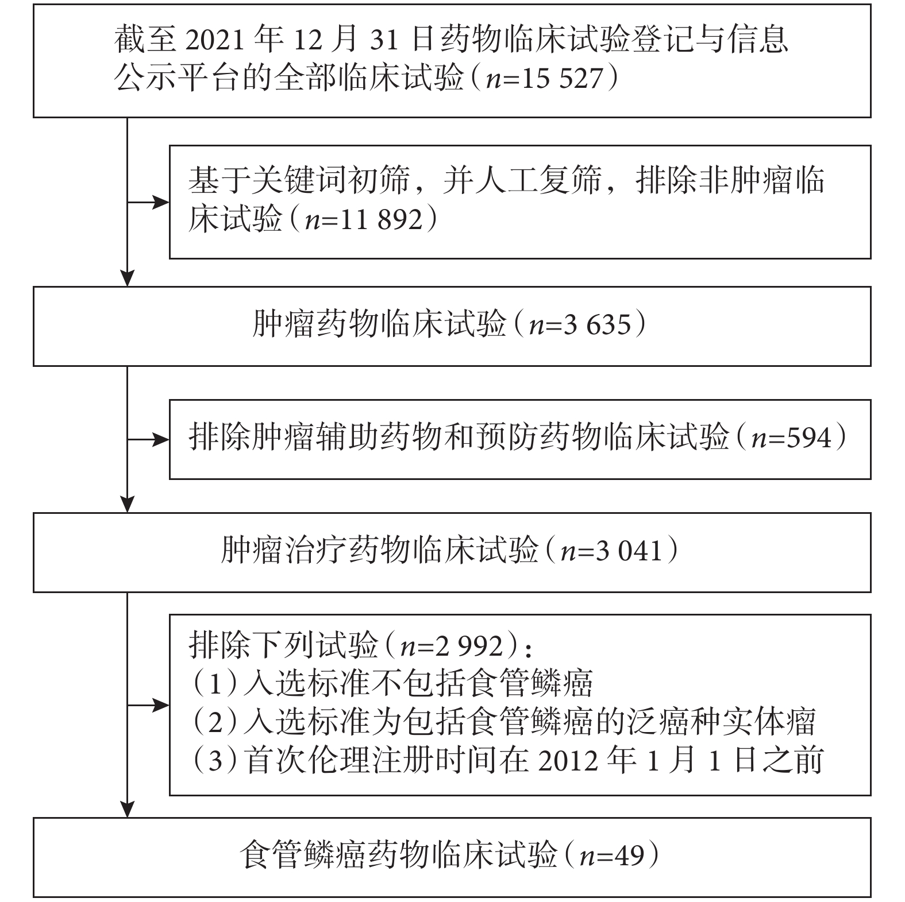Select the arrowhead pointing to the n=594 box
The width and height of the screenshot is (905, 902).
point(160,440)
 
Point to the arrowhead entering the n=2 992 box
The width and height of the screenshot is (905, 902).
point(160,705)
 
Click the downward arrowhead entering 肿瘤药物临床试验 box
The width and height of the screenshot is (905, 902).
point(127,278)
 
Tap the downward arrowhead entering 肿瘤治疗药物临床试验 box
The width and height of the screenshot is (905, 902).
point(127,504)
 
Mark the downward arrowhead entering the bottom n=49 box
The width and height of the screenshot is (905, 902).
point(127,808)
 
